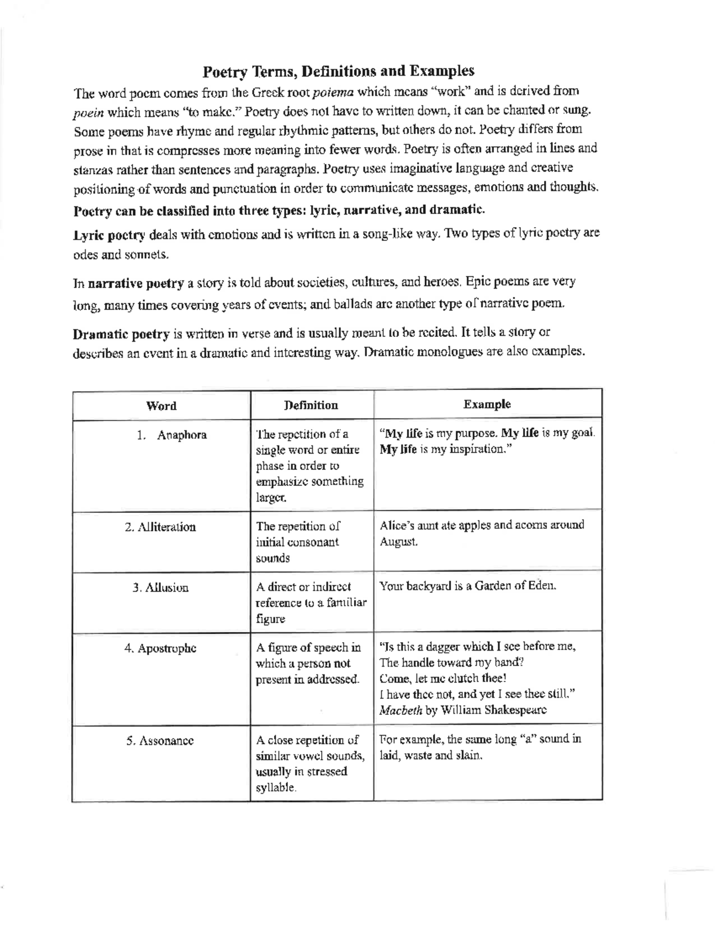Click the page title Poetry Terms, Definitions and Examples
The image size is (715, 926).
point(338,72)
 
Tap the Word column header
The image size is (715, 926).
point(161,406)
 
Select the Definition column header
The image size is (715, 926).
point(311,405)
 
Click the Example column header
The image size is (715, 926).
point(487,404)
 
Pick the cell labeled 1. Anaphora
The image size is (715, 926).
point(171,435)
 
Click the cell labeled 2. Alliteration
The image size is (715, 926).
point(160,527)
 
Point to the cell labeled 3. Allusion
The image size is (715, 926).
point(160,588)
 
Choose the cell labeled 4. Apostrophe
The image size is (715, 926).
point(160,649)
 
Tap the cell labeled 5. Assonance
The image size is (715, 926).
point(160,741)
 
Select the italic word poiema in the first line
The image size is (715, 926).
point(333,92)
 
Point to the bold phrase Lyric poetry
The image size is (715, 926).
point(108,235)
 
